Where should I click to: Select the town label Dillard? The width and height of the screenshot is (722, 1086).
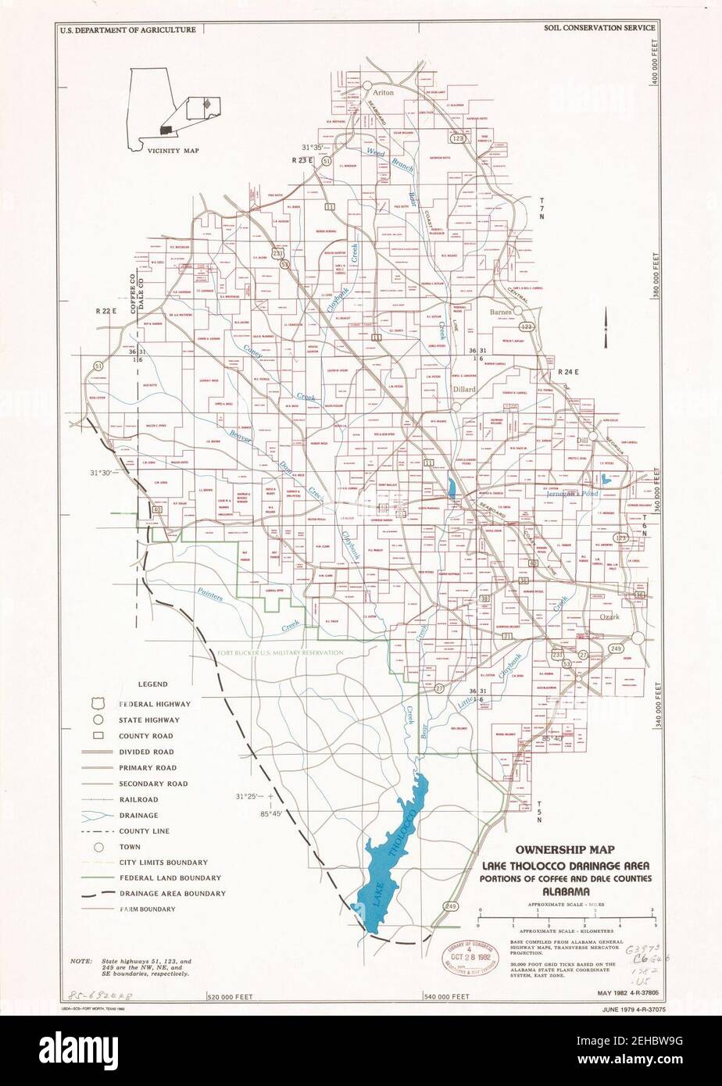[x=464, y=388]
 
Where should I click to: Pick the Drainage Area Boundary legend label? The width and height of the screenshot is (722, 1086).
[x=173, y=893]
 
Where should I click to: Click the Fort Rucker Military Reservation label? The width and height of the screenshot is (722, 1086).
[x=281, y=652]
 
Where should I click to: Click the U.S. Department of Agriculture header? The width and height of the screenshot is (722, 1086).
[x=127, y=30]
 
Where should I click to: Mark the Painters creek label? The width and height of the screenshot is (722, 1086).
[x=210, y=595]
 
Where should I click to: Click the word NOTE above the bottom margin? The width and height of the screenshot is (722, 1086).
[x=80, y=960]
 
